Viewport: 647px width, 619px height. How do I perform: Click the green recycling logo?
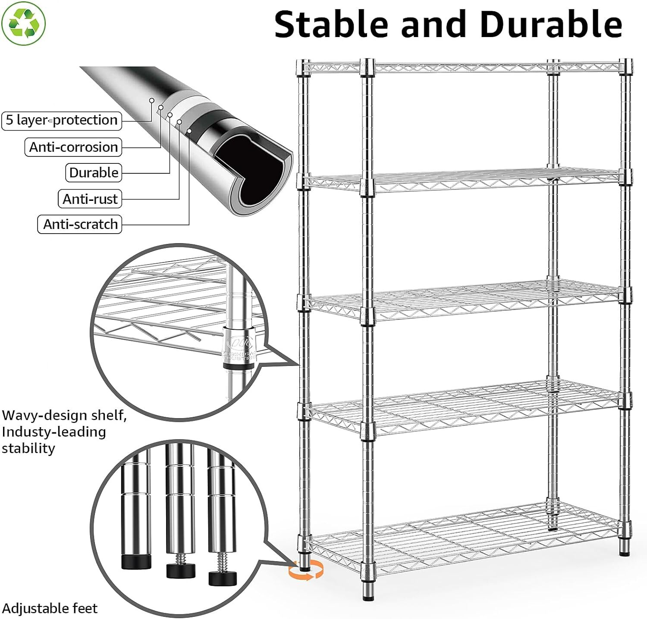[x=24, y=24]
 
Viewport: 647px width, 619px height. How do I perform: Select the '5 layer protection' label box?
[x=62, y=120]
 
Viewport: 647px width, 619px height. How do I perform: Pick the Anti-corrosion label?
[x=73, y=147]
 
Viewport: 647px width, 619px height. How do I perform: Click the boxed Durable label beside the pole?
[x=94, y=173]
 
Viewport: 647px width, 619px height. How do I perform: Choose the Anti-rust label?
[x=90, y=199]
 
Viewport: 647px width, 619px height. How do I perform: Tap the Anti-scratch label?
[x=80, y=225]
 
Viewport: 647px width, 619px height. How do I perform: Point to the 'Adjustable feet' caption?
[x=50, y=608]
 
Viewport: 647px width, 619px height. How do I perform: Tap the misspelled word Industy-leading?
[x=54, y=432]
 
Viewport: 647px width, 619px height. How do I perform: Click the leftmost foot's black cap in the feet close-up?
[x=136, y=562]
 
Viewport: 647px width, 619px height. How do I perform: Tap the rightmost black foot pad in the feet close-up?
[x=223, y=578]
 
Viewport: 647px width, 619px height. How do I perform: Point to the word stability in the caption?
[x=28, y=448]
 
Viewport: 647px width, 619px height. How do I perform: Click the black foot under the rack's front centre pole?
[x=367, y=597]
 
